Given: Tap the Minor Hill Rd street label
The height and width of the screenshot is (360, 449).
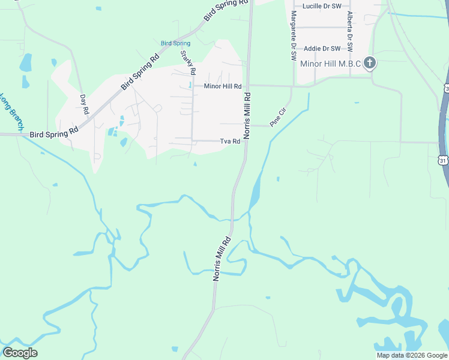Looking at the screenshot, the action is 223,86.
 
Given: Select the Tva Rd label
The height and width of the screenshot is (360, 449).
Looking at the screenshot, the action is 230,142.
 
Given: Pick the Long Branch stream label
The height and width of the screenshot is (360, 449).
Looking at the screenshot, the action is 11,112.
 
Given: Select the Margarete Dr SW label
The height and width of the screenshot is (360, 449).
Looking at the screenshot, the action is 294,35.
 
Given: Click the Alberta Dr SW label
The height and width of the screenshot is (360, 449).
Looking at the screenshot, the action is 349,34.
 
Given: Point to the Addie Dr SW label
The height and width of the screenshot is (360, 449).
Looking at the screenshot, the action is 322,49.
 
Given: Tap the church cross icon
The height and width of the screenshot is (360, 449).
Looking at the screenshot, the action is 370,62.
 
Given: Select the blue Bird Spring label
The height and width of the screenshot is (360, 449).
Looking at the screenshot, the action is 176,43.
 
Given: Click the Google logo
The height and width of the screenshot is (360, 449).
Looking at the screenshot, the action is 20,353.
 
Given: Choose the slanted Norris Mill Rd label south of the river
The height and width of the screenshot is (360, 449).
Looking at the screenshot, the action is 221,259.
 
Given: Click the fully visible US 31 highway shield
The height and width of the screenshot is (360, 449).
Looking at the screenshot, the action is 443,160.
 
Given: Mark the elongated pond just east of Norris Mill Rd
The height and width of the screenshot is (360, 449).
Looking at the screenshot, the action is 254,192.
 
